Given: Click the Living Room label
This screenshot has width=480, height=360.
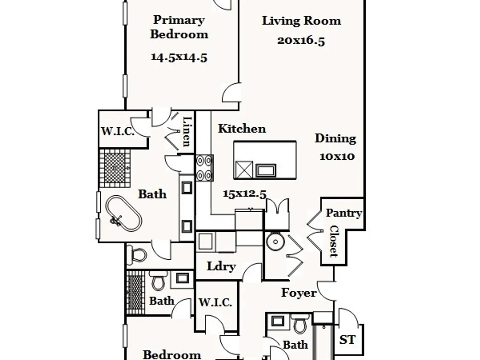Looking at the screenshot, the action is [x=301, y=21].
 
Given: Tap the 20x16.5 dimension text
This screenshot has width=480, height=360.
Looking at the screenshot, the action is [x=301, y=41].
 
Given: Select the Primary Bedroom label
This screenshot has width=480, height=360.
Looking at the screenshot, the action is [x=179, y=27].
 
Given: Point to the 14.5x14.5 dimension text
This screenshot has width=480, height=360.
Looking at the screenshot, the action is [x=179, y=57].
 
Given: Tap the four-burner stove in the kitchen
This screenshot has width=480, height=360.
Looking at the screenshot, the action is [x=204, y=168].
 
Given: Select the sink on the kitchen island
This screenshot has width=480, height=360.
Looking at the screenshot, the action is [x=266, y=170].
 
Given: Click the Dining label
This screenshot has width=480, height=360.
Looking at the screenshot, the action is [x=336, y=139].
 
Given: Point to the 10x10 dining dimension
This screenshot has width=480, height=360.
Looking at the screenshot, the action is [x=337, y=156].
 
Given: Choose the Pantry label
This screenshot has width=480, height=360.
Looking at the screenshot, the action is [x=344, y=213].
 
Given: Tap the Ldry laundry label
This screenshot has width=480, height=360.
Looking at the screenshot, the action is [x=221, y=266].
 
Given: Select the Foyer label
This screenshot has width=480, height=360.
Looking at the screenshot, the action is [x=299, y=293].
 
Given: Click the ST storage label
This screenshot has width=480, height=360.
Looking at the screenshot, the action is [x=348, y=340].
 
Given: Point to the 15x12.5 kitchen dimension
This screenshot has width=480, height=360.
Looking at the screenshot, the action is [x=245, y=194].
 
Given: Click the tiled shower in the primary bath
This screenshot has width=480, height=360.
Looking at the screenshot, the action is [x=115, y=168].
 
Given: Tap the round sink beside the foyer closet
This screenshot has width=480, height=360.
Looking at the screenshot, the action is [x=276, y=241].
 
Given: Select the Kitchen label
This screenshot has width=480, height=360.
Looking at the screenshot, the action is [x=242, y=129].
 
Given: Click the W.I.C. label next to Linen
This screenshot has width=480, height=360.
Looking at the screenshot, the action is [x=118, y=132].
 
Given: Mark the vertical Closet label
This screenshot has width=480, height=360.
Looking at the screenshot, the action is [x=334, y=241].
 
